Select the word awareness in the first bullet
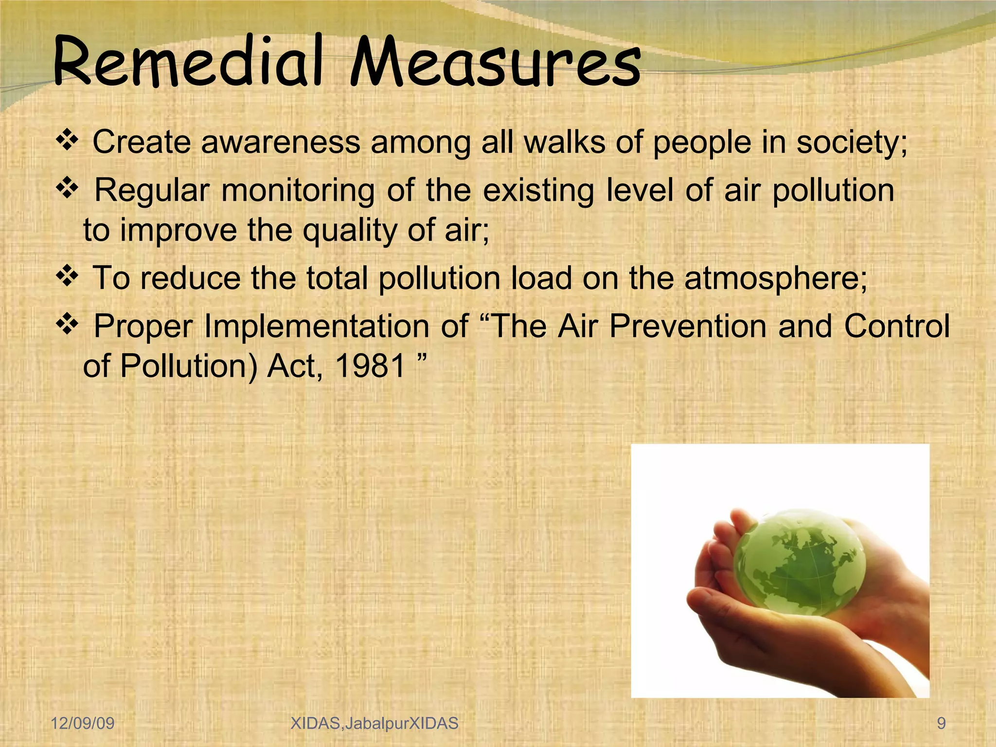tap(281, 142)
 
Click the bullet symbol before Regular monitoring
tap(68, 189)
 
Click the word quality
tap(350, 231)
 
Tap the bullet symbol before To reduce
tap(68, 277)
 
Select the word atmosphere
tap(775, 279)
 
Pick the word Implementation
tap(316, 326)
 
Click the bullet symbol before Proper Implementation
tap(68, 324)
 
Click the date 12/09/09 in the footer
tap(83, 723)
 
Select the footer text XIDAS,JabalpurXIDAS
tap(374, 723)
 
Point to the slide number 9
tap(941, 723)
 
